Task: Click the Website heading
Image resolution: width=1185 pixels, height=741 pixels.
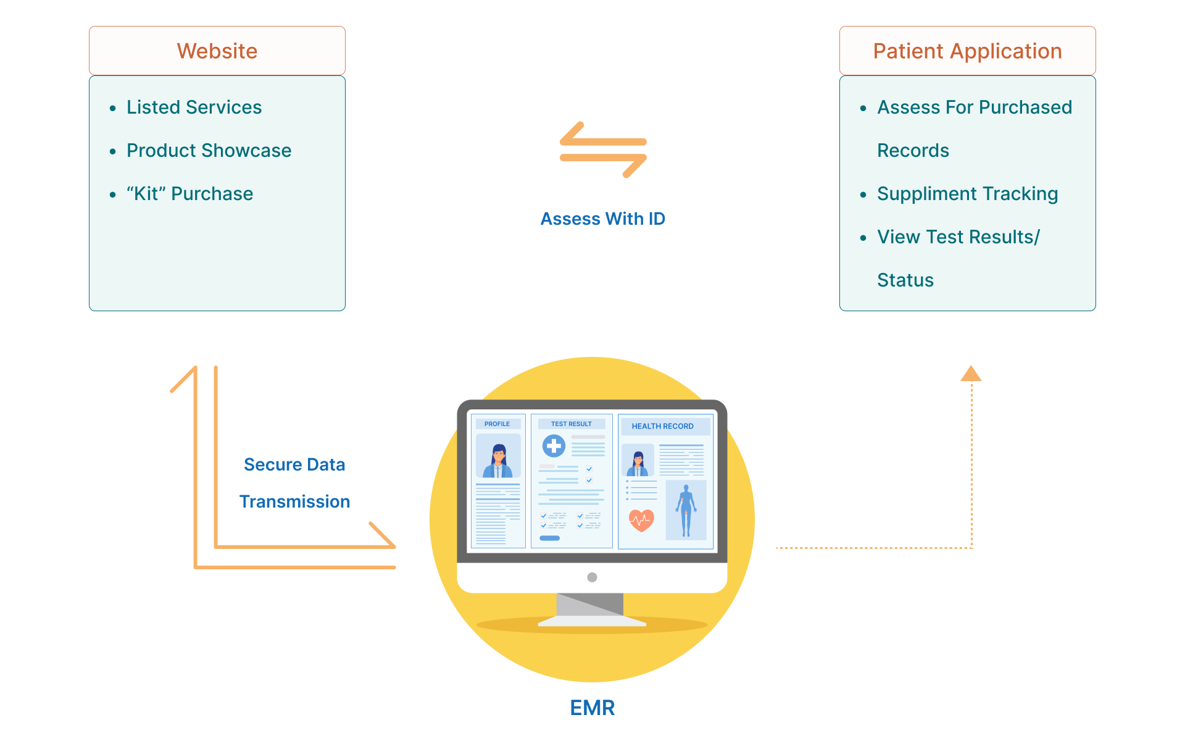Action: coord(217,51)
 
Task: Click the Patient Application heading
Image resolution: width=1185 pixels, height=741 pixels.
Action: coord(967,51)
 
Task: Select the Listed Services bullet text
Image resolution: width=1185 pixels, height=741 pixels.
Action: coord(194,107)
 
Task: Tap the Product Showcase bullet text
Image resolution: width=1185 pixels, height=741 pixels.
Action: coord(209,151)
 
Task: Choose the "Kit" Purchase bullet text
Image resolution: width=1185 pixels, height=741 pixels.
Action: coord(189,194)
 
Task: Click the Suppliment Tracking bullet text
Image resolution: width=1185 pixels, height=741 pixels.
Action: coord(967,194)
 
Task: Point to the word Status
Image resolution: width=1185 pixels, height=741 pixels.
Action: coord(905,280)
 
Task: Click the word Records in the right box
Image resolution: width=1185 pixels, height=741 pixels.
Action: coord(913,151)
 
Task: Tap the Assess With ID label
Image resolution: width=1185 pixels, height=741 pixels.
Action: coord(602,219)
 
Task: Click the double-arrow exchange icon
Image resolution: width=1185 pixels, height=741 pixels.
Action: coord(603,150)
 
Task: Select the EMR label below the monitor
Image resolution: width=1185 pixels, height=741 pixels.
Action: coord(592,708)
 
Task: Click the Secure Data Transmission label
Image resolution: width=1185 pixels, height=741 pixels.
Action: coord(294,483)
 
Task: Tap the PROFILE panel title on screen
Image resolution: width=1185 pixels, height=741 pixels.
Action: coord(497,424)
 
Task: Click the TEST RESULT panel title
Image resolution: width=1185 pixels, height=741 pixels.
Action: coord(571,424)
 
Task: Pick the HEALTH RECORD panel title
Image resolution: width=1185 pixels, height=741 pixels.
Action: coord(662,426)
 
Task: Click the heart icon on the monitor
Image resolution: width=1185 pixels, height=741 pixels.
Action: coord(641,520)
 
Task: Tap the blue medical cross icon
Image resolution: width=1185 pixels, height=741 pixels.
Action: coord(554,445)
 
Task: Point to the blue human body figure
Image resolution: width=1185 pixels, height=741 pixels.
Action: coord(686,510)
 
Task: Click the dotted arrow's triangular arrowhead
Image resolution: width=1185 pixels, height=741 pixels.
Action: coord(971,374)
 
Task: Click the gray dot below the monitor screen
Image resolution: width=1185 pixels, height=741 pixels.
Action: coord(592,577)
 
